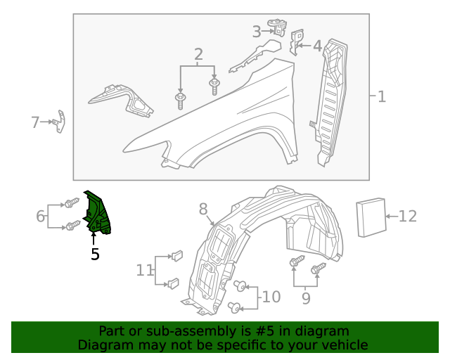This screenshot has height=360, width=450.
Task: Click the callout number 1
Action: click(382, 97)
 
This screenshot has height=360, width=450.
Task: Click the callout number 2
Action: click(198, 55)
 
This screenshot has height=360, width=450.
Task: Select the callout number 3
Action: click(257, 31)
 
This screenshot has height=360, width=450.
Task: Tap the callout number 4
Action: click(317, 46)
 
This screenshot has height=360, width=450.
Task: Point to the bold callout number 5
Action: click(95, 254)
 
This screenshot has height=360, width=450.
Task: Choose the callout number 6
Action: click(41, 216)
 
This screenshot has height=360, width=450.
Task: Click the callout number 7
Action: click(35, 122)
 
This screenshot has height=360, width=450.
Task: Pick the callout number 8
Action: click(203, 209)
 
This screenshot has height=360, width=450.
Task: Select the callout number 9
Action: click(305, 298)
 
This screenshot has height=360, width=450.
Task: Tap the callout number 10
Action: click(271, 297)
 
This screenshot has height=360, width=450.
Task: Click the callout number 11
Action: click(145, 269)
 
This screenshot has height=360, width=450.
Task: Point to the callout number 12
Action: click(408, 217)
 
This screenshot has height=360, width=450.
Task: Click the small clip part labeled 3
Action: click(281, 27)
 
